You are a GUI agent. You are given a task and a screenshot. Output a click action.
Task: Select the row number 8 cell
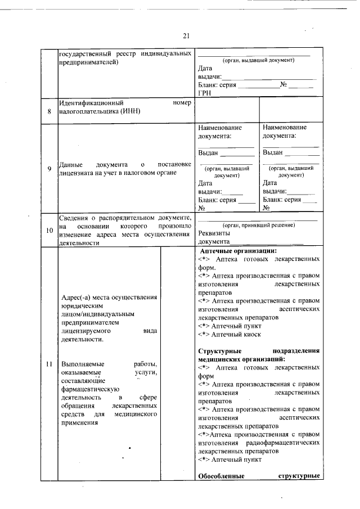49,111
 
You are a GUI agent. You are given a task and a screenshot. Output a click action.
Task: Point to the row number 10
49,231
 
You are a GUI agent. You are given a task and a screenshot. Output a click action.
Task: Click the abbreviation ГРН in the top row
205,93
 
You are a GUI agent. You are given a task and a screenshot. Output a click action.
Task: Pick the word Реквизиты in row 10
215,233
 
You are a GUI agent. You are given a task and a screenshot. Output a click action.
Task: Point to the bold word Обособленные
222,476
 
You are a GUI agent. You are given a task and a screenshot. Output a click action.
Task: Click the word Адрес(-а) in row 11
77,297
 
